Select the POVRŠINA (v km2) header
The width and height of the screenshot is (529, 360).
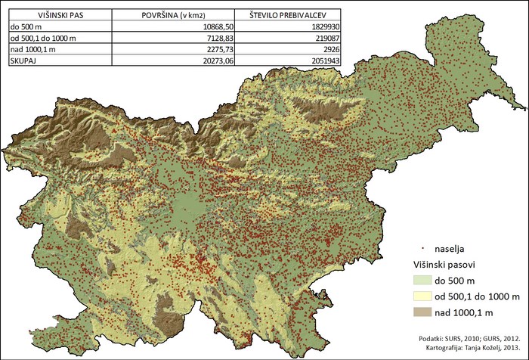point(175,14)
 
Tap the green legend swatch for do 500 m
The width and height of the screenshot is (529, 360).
point(426,281)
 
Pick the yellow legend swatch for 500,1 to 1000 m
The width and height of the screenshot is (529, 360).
point(426,295)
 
